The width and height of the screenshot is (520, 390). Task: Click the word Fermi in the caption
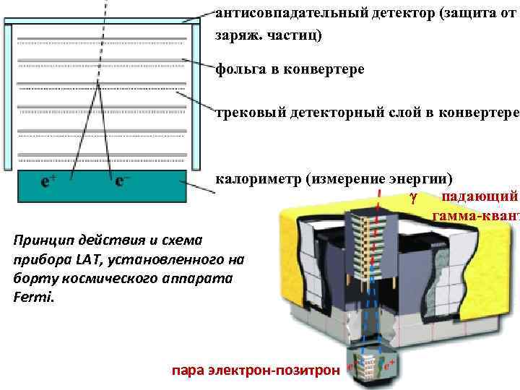[x=31, y=297]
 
